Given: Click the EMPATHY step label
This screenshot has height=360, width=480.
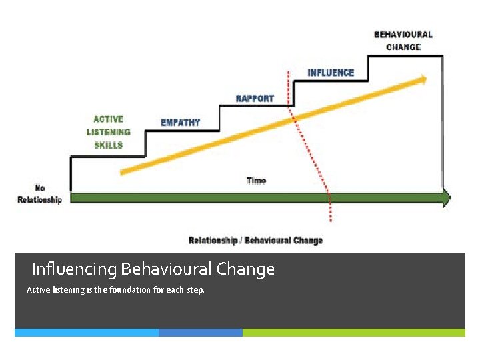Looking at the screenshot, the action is pyautogui.click(x=180, y=123).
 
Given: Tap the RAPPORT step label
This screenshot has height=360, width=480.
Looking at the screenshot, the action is pyautogui.click(x=255, y=99).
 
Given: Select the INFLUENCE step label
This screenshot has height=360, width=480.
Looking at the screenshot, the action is pyautogui.click(x=331, y=73).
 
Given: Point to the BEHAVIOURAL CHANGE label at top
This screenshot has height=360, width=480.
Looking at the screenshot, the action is pyautogui.click(x=403, y=41).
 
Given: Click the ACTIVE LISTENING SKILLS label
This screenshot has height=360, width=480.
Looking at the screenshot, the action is pyautogui.click(x=108, y=132).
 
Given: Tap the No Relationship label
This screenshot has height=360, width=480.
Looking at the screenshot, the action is pyautogui.click(x=39, y=194).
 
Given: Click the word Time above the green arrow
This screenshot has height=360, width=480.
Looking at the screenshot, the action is pyautogui.click(x=256, y=181).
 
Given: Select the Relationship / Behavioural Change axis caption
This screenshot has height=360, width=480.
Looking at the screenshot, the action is pyautogui.click(x=256, y=241).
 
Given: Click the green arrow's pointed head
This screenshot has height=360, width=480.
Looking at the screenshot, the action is pyautogui.click(x=447, y=198).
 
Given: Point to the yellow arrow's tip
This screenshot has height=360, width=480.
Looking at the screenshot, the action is pyautogui.click(x=426, y=79).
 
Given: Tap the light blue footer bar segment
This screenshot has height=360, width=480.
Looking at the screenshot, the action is pyautogui.click(x=87, y=332).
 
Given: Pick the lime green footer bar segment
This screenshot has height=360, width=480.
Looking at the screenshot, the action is pyautogui.click(x=353, y=332).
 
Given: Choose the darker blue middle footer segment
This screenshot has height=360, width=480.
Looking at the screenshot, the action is pyautogui.click(x=201, y=332).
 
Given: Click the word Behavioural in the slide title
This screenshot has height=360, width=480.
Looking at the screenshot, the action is pyautogui.click(x=165, y=269).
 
